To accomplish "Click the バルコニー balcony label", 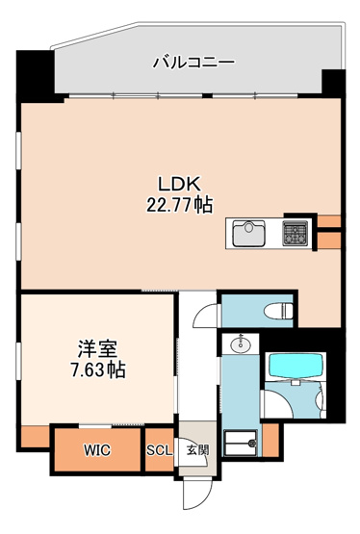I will (193, 64).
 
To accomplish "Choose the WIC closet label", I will (96, 449).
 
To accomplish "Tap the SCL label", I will (159, 449).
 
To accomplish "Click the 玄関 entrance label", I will (196, 449).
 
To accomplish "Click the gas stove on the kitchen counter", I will (294, 232).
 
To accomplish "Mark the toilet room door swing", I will (206, 316).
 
